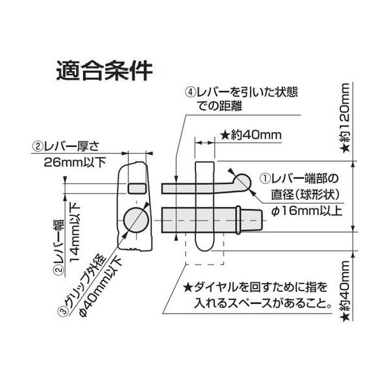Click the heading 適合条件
pos(104,71)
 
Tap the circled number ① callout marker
pos(266,178)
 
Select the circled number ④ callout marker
pos(191,92)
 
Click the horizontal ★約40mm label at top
pos(251,135)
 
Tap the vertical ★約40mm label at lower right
pos(345,291)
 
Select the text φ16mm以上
pos(307,211)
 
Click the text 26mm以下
pos(75,162)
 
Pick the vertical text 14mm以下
pos(75,233)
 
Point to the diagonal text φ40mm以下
pos(100,287)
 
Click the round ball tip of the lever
pos(242,181)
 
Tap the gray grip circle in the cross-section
pos(136,220)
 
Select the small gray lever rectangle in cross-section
pos(137,188)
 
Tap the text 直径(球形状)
pos(306,195)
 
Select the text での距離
pos(220,106)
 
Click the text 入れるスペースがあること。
pos(263,303)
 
